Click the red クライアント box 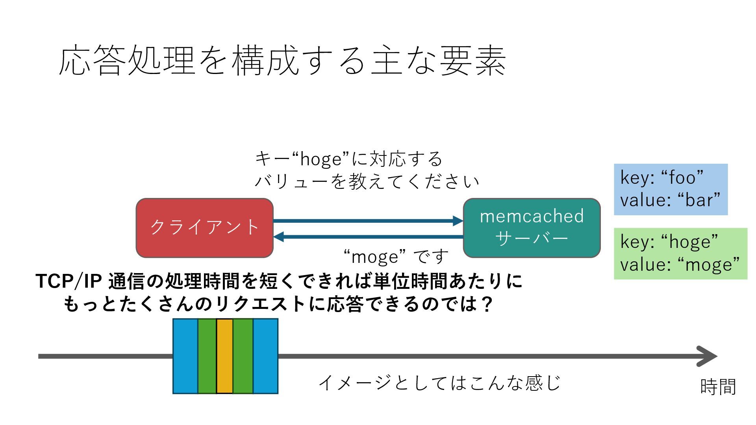[204, 228]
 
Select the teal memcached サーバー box [532, 228]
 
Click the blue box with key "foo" [671, 189]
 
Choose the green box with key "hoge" [680, 253]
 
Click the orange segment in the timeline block [224, 356]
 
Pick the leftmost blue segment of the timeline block [185, 356]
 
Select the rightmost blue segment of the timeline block [265, 356]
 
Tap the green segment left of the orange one [207, 356]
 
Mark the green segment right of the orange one [243, 356]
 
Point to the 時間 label [718, 386]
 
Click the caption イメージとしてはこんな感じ [439, 382]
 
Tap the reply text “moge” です [396, 257]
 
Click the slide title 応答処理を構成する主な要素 [282, 61]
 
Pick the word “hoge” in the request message [321, 159]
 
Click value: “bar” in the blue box [670, 200]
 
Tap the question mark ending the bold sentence [487, 304]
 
